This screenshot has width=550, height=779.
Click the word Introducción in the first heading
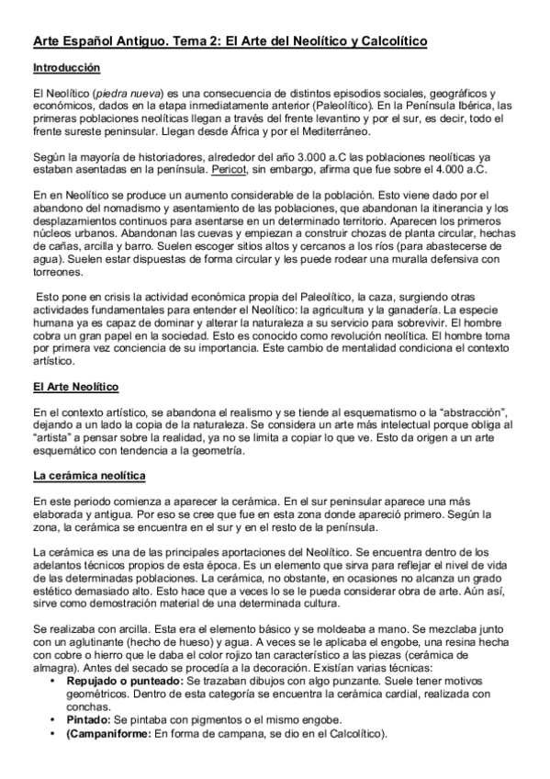click(66, 68)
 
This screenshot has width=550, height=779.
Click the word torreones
click(59, 273)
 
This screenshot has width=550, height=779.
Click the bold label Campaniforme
click(112, 733)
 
